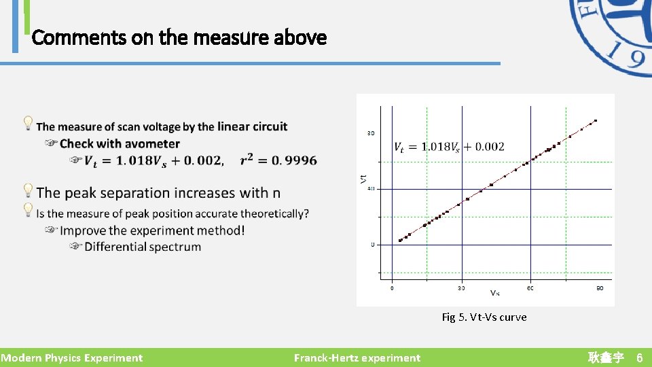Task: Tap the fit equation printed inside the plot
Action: click(x=449, y=147)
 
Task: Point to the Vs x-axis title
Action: click(x=495, y=293)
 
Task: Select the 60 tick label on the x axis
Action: click(x=530, y=287)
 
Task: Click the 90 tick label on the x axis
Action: click(x=600, y=287)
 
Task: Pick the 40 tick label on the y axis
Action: click(x=372, y=189)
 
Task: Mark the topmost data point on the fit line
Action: click(x=596, y=121)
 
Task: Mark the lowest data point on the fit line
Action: click(x=399, y=241)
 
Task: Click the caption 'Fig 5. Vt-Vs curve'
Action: click(x=484, y=317)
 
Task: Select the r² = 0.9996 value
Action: click(x=278, y=160)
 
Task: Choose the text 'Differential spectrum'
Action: click(x=143, y=247)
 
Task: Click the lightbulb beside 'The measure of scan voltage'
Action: click(x=29, y=123)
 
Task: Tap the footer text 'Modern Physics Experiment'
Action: click(x=72, y=357)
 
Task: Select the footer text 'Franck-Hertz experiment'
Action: click(x=357, y=357)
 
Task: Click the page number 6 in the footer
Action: click(x=639, y=357)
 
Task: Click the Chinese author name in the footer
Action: click(x=606, y=357)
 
